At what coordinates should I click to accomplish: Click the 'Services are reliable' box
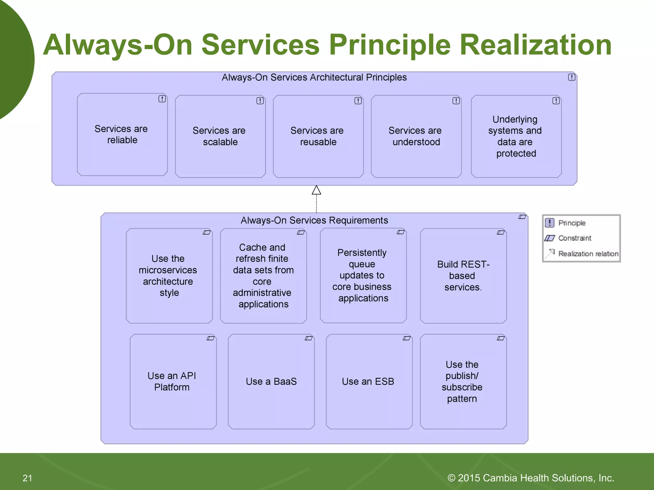click(122, 134)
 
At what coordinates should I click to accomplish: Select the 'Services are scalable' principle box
click(220, 136)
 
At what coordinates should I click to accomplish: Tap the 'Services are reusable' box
click(318, 136)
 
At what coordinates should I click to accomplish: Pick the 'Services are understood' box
click(416, 136)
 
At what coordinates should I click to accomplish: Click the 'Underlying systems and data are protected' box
click(516, 136)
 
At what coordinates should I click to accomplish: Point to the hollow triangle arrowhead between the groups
click(316, 190)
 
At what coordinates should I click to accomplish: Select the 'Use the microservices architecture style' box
click(169, 276)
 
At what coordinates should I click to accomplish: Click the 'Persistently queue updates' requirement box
click(363, 276)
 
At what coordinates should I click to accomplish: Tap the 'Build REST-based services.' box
click(463, 276)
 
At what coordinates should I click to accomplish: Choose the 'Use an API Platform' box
click(173, 382)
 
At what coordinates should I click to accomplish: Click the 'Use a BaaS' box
click(271, 382)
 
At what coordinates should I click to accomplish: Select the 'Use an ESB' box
click(369, 382)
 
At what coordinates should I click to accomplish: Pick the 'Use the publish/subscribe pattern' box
click(463, 382)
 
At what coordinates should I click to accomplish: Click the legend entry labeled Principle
click(571, 223)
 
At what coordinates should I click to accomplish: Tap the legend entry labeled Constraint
click(574, 238)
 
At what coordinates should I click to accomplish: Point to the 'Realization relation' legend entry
click(588, 254)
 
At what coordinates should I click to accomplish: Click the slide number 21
click(27, 478)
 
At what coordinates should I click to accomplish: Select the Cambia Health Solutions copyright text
click(531, 478)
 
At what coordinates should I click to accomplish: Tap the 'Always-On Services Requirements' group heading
click(314, 220)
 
